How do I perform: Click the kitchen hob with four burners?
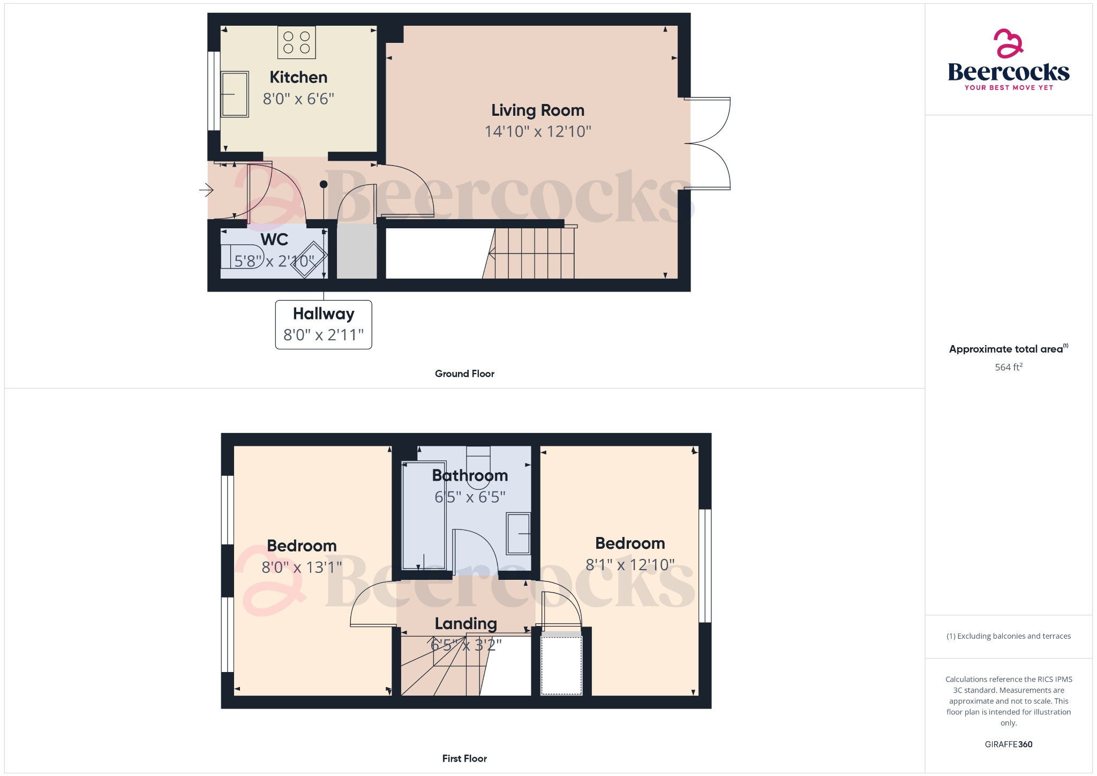coord(296,42)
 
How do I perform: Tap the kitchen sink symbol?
coord(235,94)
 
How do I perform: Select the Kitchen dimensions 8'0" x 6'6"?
coord(298,99)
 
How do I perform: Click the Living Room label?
coord(538,110)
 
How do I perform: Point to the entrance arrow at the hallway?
coord(206,190)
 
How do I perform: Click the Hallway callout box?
coord(324,324)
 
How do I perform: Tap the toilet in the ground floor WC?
coord(242,256)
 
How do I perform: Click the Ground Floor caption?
coord(464,374)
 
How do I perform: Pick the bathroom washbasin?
coord(518,533)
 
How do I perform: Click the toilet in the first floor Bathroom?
coord(478,466)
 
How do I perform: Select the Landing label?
coord(465,623)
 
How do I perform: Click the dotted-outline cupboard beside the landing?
coord(561,665)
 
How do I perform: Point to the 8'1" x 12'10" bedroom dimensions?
coord(630,565)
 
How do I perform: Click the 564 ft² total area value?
coord(1008,367)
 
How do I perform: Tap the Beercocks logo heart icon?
coord(1008,43)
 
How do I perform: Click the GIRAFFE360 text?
coord(1008,744)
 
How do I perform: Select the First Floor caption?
coord(464,758)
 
